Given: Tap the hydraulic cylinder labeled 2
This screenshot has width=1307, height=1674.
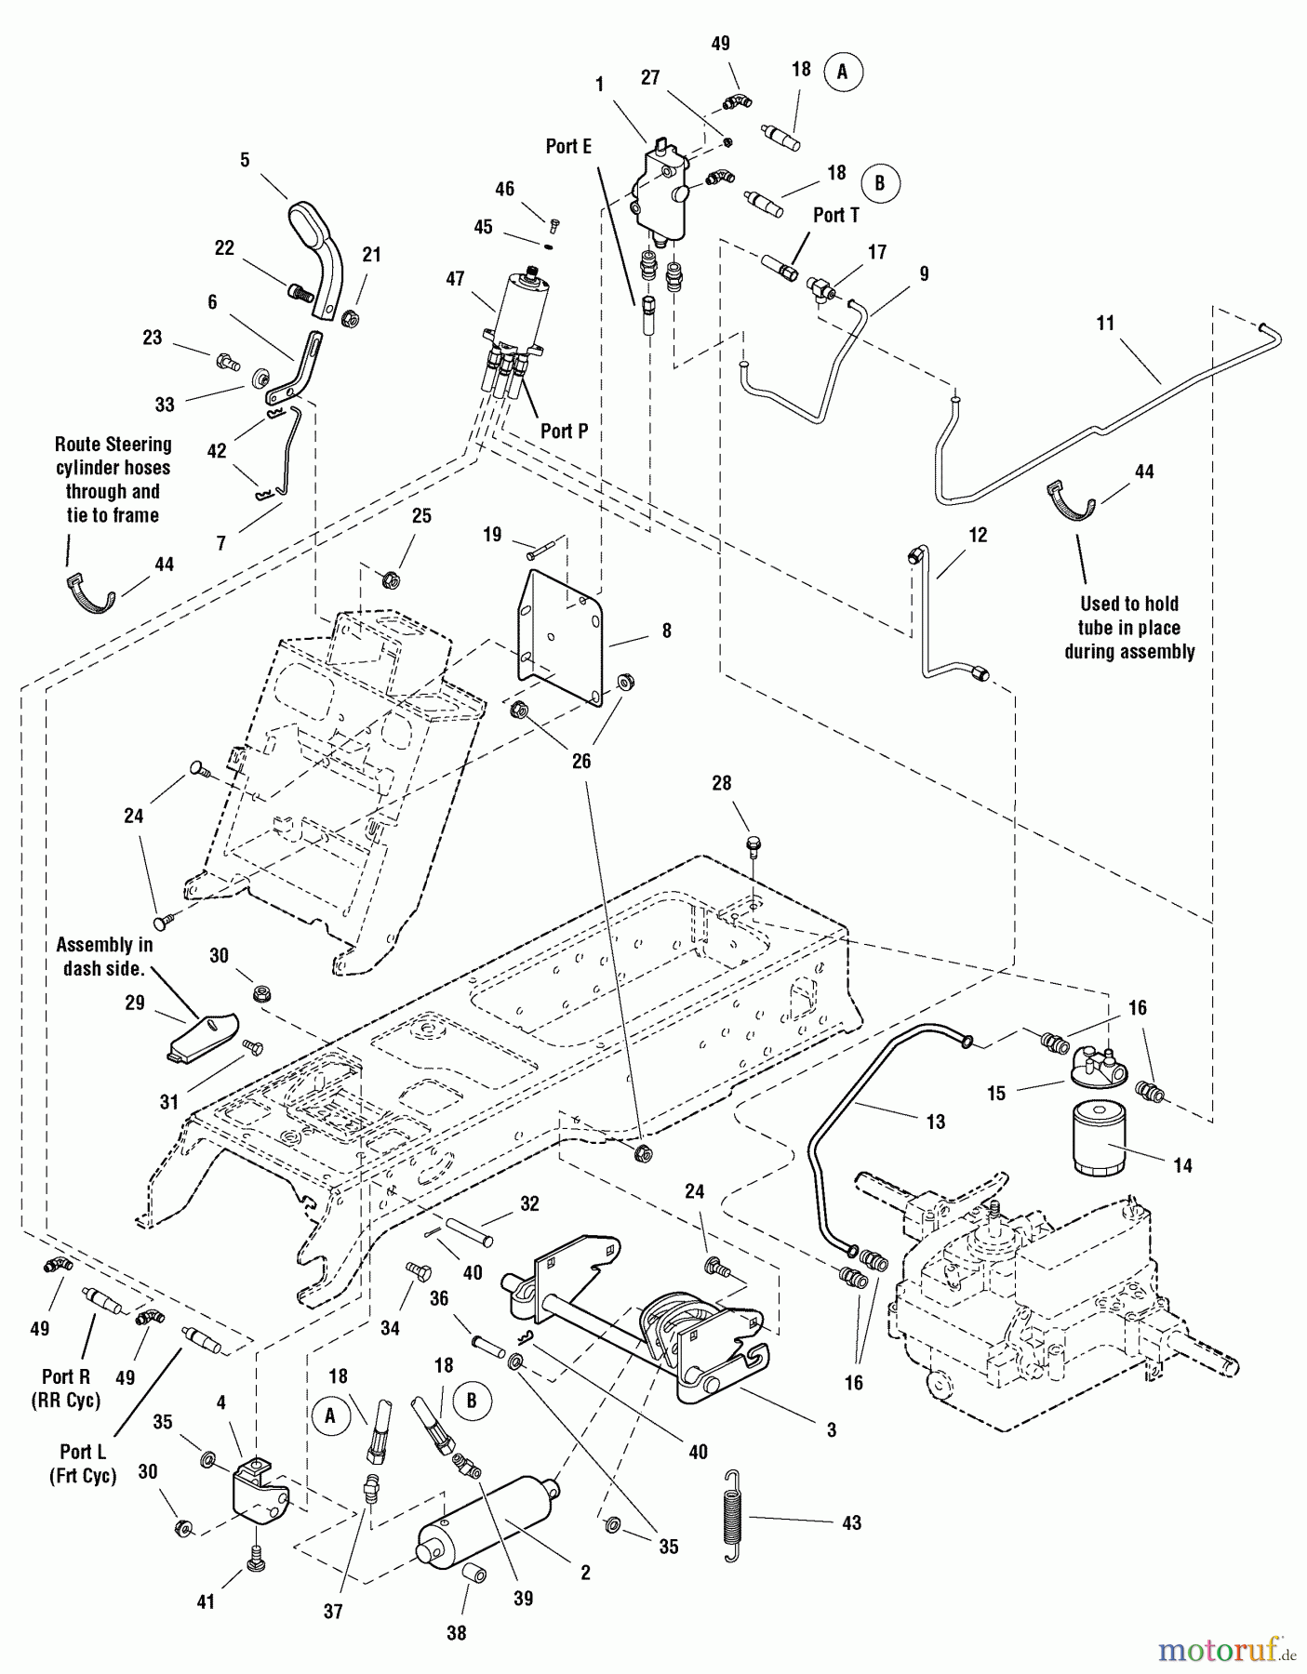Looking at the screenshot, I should pyautogui.click(x=488, y=1526).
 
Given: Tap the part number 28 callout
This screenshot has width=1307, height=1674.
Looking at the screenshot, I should pyautogui.click(x=722, y=784).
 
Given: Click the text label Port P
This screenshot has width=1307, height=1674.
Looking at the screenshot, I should pyautogui.click(x=565, y=431).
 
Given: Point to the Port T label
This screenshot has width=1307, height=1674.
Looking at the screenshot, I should pyautogui.click(x=836, y=215).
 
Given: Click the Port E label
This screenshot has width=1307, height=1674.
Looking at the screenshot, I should pyautogui.click(x=568, y=146).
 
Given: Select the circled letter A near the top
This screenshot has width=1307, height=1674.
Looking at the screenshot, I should pyautogui.click(x=843, y=72).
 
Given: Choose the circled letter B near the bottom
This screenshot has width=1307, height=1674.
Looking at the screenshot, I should pyautogui.click(x=472, y=1401).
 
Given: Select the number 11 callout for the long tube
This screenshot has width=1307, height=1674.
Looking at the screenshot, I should pyautogui.click(x=1105, y=323).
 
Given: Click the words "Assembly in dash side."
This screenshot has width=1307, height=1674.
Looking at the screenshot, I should pyautogui.click(x=104, y=955).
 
